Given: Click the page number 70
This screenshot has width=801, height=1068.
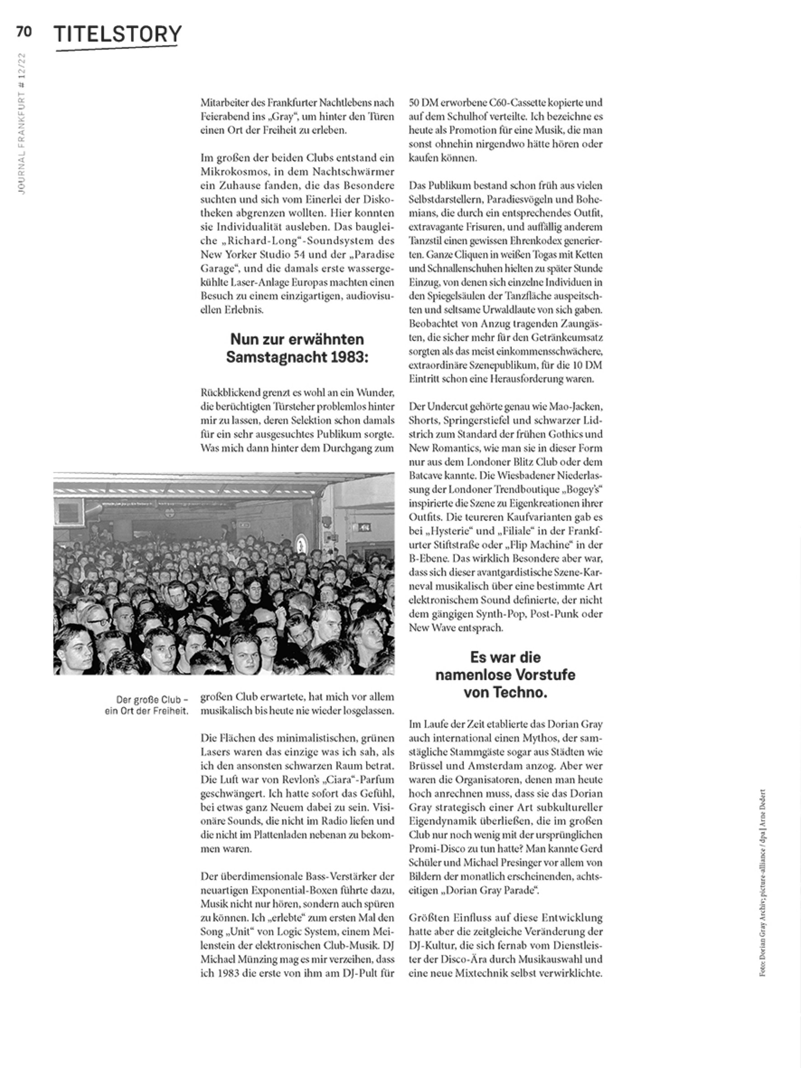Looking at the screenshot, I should coord(24,32).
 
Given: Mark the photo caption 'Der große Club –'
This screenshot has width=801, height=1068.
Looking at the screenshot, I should coord(151,699).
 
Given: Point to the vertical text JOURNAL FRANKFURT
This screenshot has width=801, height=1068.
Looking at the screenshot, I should coord(22,145).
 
